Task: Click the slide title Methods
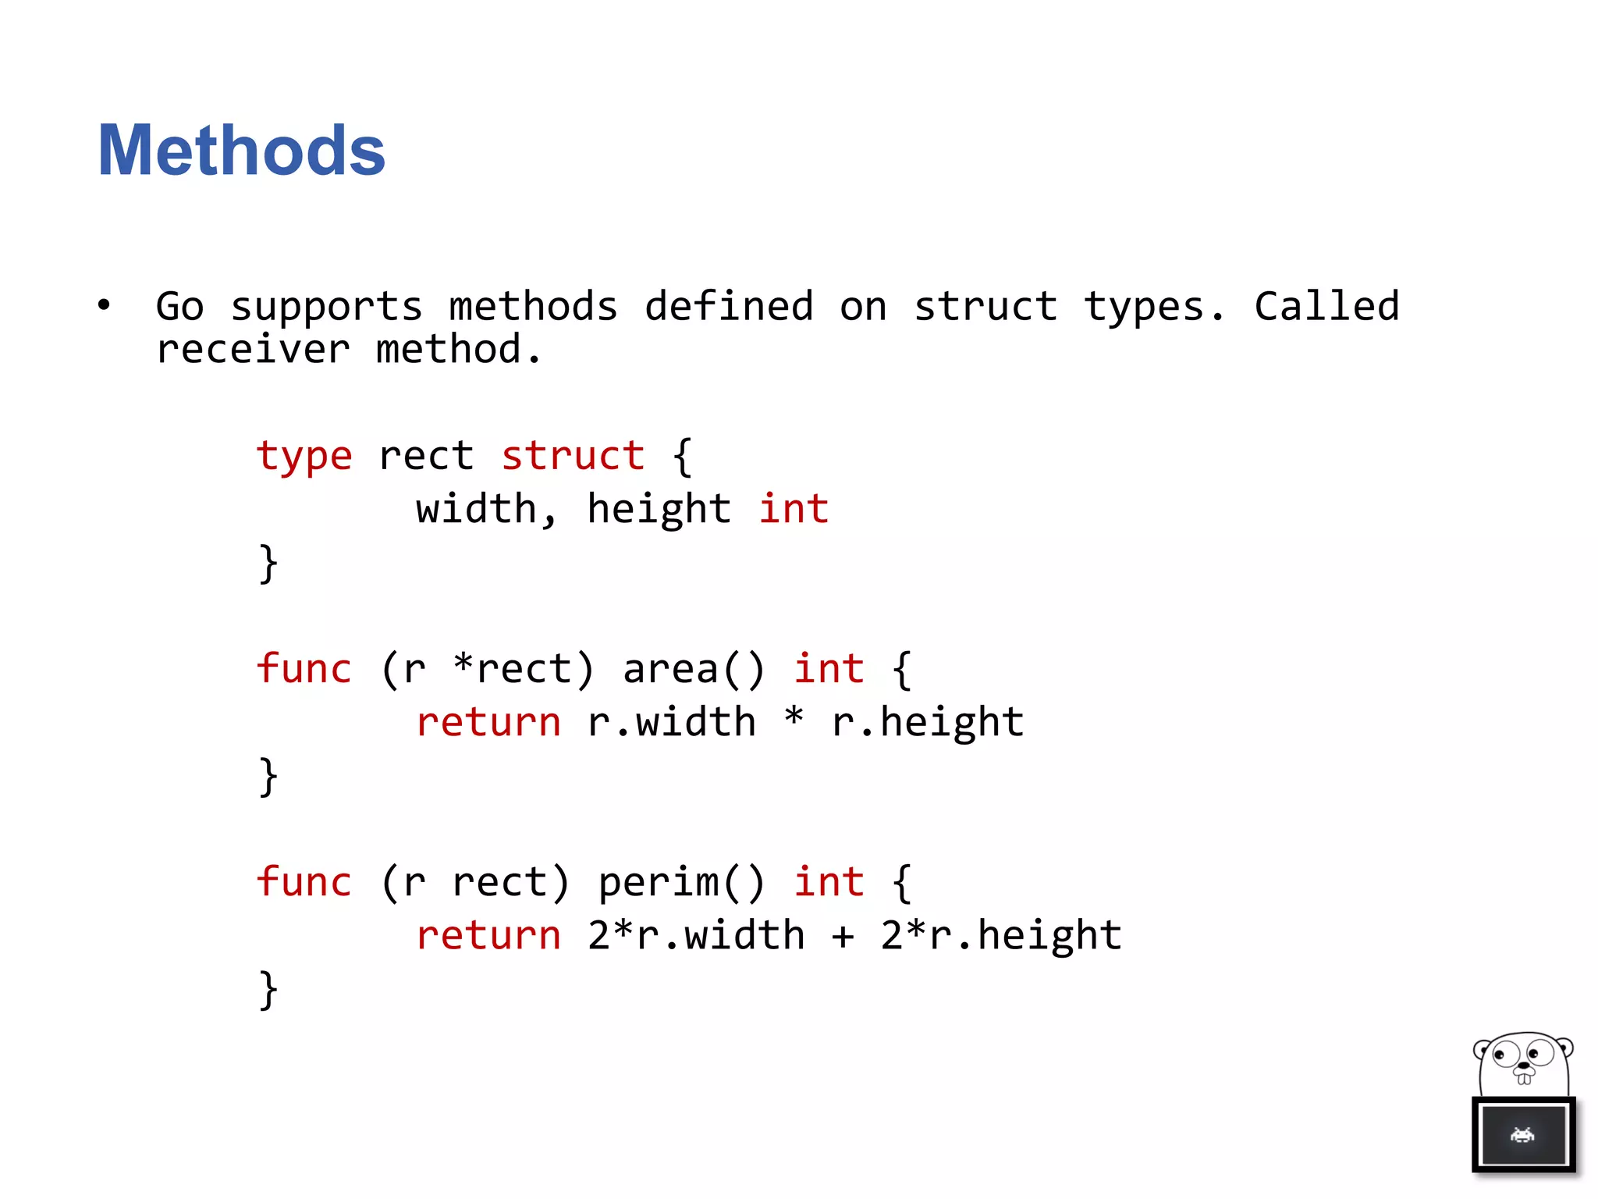(241, 150)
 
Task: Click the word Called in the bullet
(1326, 306)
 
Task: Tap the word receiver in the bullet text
(253, 350)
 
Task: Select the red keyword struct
(573, 456)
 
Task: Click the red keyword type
(304, 457)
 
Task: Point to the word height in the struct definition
(659, 511)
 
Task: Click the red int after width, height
(794, 509)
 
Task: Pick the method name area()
(693, 670)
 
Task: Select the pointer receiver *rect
(524, 670)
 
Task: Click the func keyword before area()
(304, 669)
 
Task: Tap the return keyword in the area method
(488, 723)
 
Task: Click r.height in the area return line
(927, 723)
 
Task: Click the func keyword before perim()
(304, 882)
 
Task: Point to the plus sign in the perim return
(843, 936)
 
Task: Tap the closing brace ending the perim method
(268, 990)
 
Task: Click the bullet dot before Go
(104, 305)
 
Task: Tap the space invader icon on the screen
(1522, 1135)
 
